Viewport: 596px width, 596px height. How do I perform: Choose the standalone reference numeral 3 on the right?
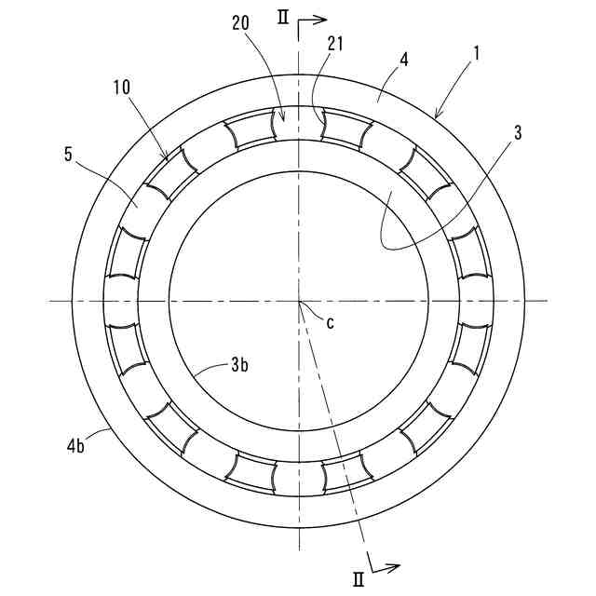(x=518, y=131)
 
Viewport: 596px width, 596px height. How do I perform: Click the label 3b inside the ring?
(x=238, y=365)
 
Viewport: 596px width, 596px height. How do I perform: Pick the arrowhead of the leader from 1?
(x=435, y=116)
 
